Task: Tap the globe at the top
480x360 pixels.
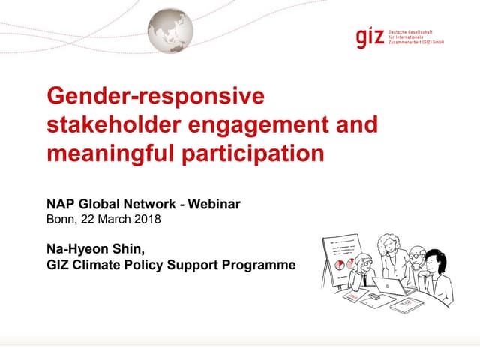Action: pyautogui.click(x=170, y=31)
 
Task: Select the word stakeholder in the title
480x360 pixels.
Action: pyautogui.click(x=108, y=125)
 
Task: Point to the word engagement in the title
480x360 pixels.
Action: pyautogui.click(x=249, y=125)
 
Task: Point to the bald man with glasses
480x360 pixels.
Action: pyautogui.click(x=417, y=255)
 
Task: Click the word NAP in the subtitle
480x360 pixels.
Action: pyautogui.click(x=61, y=205)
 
